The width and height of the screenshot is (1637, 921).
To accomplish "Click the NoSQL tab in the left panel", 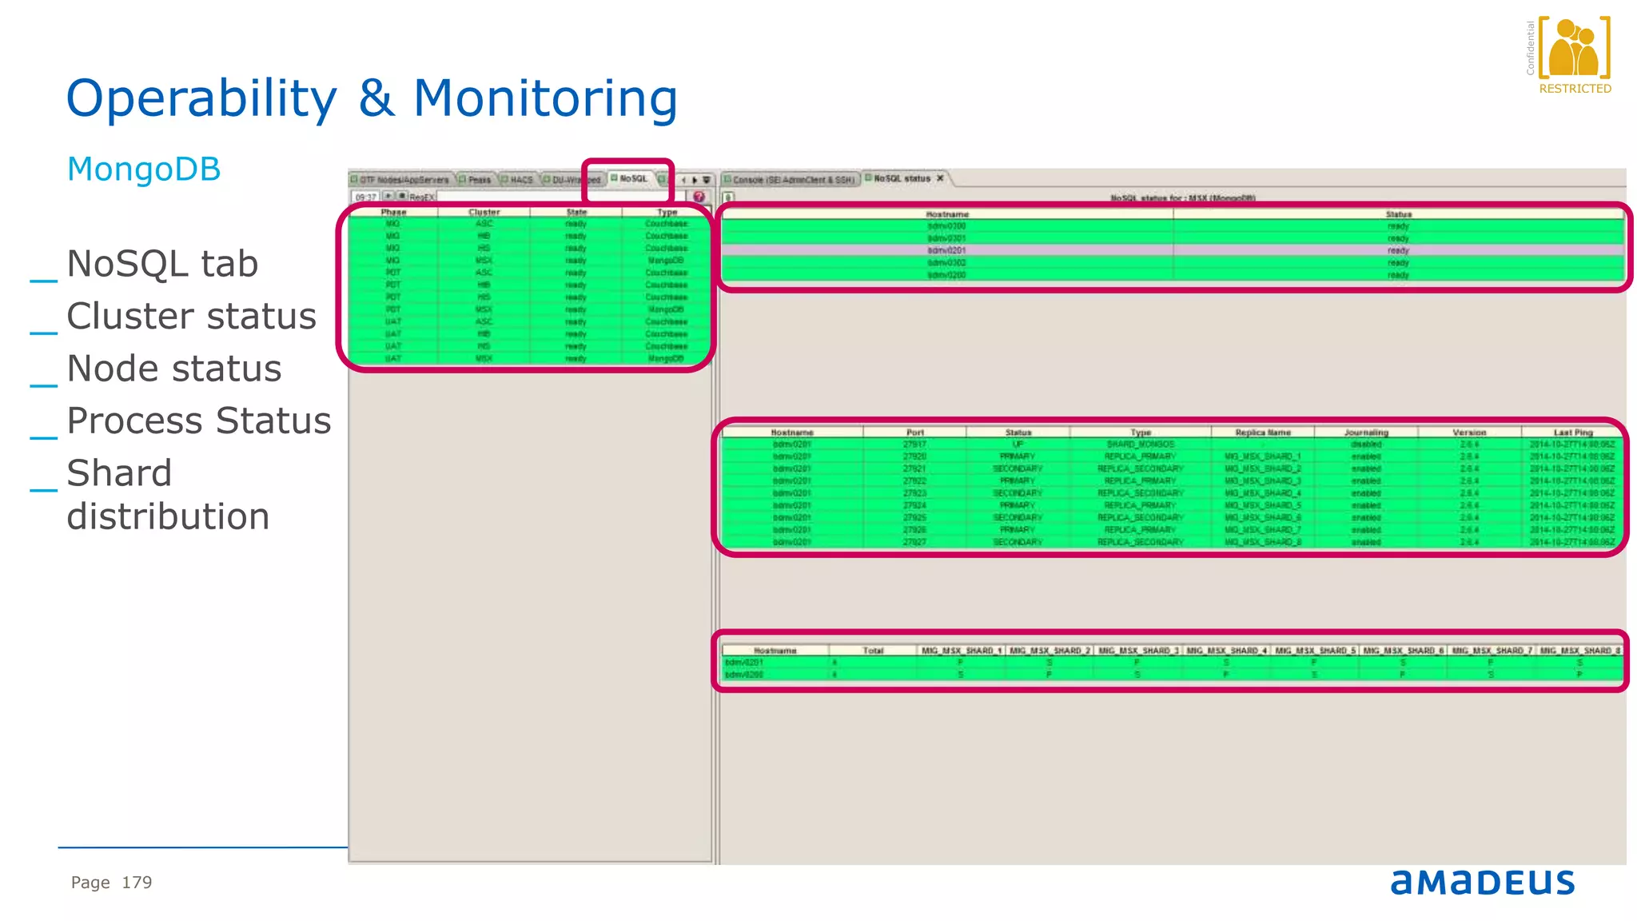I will click(x=632, y=178).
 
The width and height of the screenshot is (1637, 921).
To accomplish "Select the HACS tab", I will click(x=520, y=180).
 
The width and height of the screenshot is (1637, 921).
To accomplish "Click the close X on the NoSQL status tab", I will click(x=941, y=178).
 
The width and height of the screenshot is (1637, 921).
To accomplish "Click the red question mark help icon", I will click(x=699, y=197).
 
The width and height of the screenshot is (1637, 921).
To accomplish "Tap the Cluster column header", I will click(x=484, y=213).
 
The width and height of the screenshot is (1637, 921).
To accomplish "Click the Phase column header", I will click(x=393, y=213).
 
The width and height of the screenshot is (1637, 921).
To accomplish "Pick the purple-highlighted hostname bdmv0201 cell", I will click(x=946, y=250).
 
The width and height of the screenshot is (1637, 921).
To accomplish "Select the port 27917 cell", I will click(x=914, y=445).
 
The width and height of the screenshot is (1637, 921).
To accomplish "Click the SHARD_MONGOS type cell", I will click(x=1140, y=445).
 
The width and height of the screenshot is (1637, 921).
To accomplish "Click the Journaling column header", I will click(x=1365, y=433).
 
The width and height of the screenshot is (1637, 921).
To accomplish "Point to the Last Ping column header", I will click(x=1572, y=433).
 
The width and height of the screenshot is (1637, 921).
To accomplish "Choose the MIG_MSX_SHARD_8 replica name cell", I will click(x=1263, y=543).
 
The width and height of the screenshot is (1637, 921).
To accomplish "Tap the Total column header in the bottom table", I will click(x=872, y=651).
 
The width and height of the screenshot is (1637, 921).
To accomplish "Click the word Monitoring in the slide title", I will click(x=545, y=99).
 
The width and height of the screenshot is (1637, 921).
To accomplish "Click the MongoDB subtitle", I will click(x=144, y=169).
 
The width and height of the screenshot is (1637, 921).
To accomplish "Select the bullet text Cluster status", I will click(x=191, y=317).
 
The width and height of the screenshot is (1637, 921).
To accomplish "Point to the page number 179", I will click(x=137, y=883).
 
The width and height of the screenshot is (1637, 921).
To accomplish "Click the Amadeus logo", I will click(x=1482, y=882).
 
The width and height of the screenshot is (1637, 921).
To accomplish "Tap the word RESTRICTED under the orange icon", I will click(x=1575, y=89).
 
